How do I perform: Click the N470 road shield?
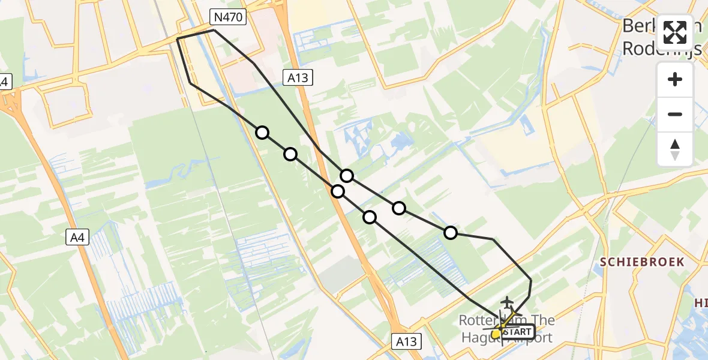[x=228, y=17]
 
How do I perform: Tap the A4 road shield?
[x=78, y=238]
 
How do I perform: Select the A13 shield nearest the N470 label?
[x=298, y=76]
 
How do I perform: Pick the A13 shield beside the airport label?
[x=408, y=341]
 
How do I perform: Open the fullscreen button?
[x=675, y=32]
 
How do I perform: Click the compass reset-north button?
[x=675, y=149]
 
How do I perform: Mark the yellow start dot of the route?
[x=496, y=334]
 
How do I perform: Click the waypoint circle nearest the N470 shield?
[x=262, y=133]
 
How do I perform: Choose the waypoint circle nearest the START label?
[x=451, y=233]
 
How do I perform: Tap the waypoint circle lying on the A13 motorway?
[x=338, y=191]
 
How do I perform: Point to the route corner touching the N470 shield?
[x=214, y=29]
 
